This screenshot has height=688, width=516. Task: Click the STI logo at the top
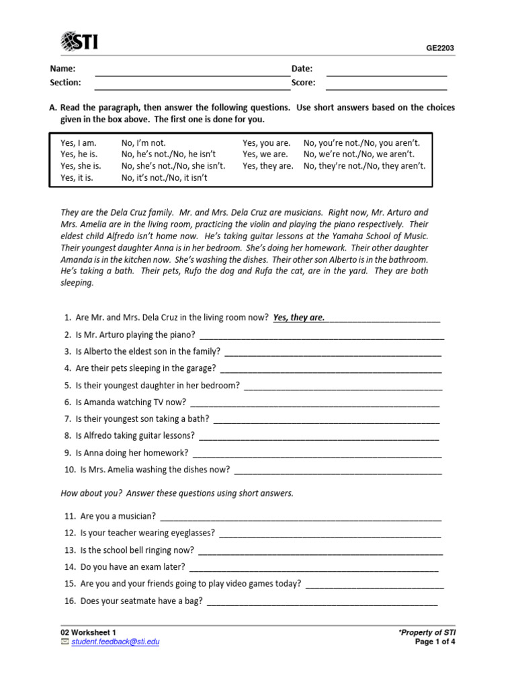[x=79, y=42]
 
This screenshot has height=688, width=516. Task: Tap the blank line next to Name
[x=192, y=73]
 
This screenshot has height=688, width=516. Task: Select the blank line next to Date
[x=386, y=73]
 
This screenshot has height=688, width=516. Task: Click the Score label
[x=303, y=83]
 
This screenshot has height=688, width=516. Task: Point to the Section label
[x=65, y=83]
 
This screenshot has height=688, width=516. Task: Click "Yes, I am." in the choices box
[x=79, y=142]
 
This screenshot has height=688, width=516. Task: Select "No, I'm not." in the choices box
[x=143, y=142]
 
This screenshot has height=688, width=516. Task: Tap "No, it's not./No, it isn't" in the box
[x=164, y=178]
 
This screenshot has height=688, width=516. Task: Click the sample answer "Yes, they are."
[x=298, y=318]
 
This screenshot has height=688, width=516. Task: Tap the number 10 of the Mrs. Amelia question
[x=70, y=470]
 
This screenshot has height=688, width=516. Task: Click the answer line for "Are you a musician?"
[x=301, y=519]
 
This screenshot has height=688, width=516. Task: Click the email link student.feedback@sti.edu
[x=115, y=642]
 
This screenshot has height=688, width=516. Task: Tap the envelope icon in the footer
[x=64, y=642]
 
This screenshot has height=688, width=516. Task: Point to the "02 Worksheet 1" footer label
[x=88, y=632]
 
